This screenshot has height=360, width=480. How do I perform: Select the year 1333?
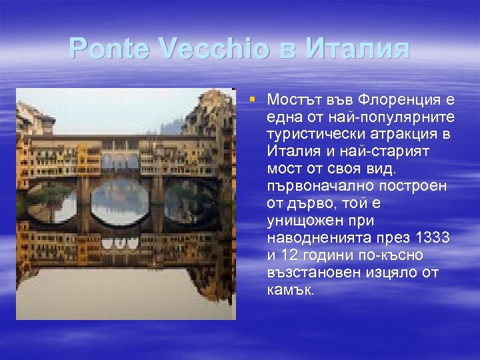[431, 239]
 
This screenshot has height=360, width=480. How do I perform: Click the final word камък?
[290, 291]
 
